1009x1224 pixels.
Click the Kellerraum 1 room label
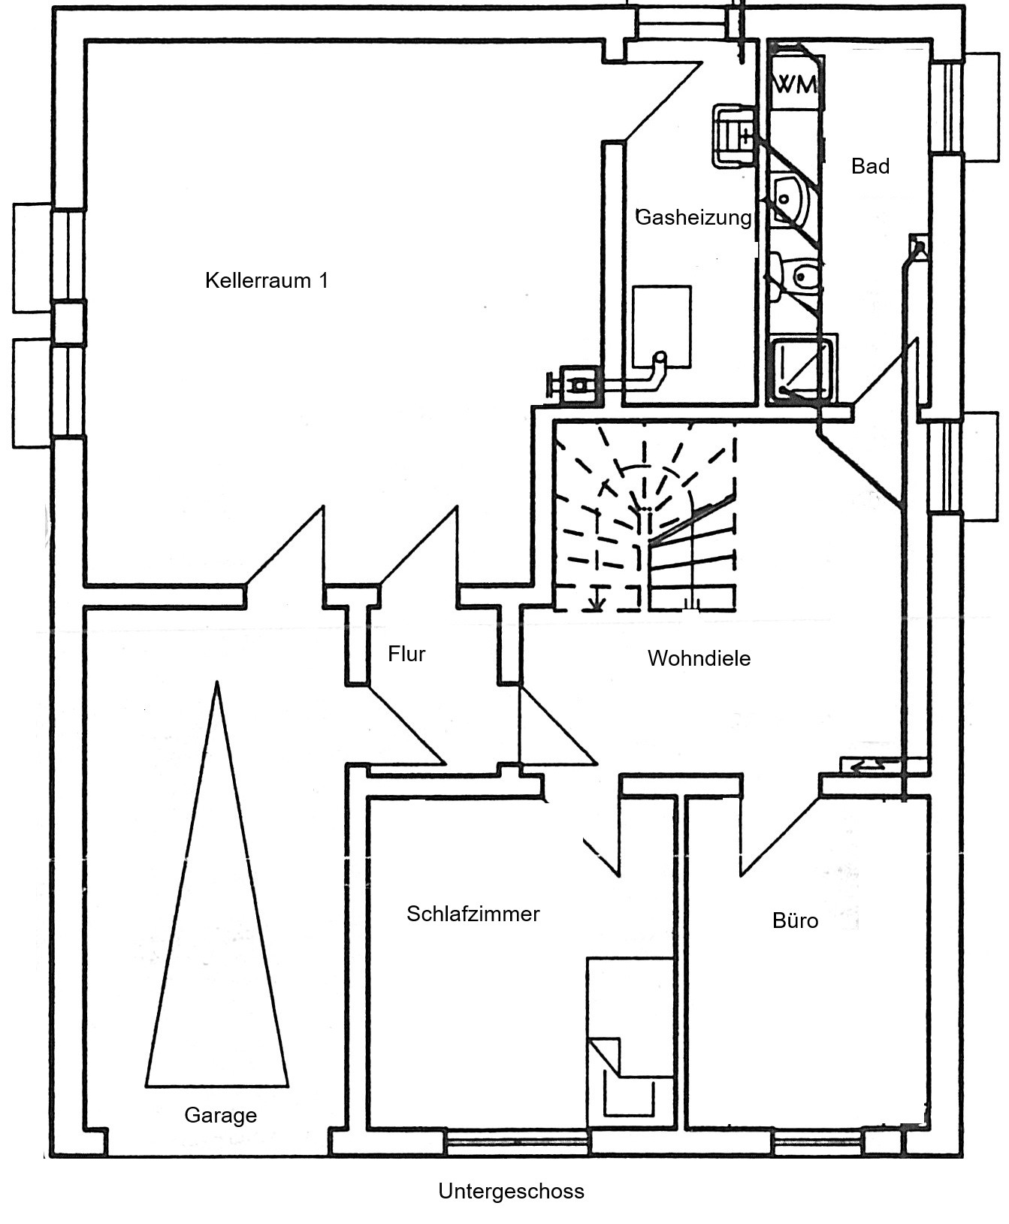[x=267, y=280]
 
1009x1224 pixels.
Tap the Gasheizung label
[x=693, y=217]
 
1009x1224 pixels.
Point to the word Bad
[x=870, y=166]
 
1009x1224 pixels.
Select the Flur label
[x=406, y=654]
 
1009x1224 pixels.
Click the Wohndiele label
[x=699, y=658]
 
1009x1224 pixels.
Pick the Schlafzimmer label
[x=473, y=914]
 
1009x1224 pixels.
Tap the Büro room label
[x=795, y=920]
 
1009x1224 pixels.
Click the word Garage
[x=220, y=1116]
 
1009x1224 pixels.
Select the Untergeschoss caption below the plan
[x=511, y=1192]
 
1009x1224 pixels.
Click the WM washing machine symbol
[x=796, y=84]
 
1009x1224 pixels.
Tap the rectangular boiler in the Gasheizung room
[x=662, y=327]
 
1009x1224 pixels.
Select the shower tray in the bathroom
[x=802, y=369]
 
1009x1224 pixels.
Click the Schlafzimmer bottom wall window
[x=518, y=1144]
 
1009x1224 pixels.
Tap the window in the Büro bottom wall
[x=818, y=1144]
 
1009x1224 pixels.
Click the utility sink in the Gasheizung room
[x=734, y=135]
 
